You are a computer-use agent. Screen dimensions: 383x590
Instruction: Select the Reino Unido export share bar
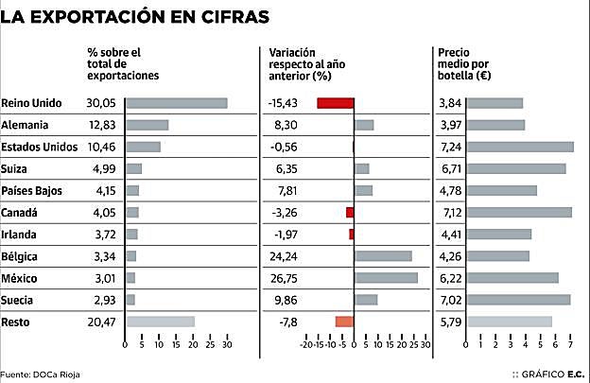[176, 102]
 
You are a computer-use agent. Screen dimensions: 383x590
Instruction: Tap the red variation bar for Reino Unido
[336, 102]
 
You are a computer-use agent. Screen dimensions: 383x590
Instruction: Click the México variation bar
[386, 277]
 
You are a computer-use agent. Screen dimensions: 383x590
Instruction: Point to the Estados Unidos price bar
[521, 147]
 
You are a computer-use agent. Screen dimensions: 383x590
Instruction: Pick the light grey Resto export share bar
[160, 322]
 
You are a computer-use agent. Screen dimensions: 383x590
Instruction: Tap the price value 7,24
[450, 147]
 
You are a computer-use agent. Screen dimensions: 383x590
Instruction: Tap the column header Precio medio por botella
[463, 62]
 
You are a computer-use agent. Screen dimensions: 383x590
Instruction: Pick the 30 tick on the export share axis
[226, 346]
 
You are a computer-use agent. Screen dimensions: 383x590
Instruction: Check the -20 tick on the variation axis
[305, 346]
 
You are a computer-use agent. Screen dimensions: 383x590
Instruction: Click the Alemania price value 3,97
[450, 125]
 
